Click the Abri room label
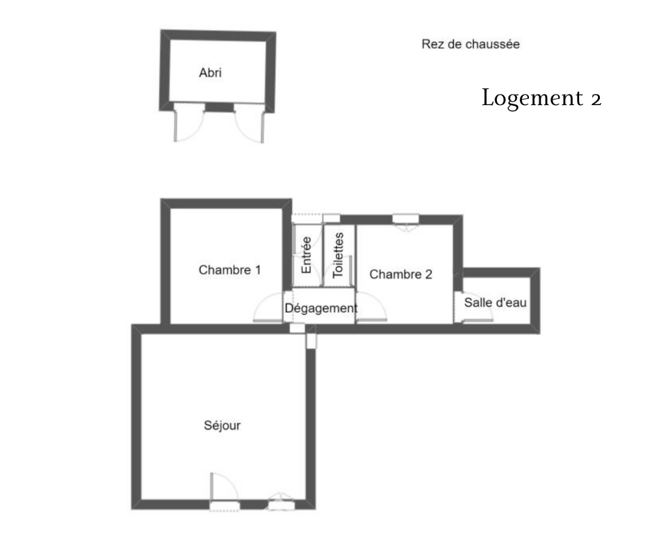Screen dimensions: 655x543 [x=210, y=72]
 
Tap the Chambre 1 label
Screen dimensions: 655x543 [x=230, y=270]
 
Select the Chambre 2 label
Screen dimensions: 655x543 [x=401, y=274]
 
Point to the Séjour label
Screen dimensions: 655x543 [x=222, y=425]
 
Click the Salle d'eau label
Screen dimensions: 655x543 [x=495, y=302]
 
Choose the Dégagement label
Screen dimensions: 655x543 [x=321, y=308]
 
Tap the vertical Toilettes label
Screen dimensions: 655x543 [x=338, y=255]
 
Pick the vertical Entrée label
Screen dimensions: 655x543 [x=306, y=255]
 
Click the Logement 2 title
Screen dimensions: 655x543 [x=541, y=98]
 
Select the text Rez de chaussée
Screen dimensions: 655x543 [x=470, y=44]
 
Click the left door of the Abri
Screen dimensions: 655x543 [x=189, y=123]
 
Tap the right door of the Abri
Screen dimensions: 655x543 [x=249, y=124]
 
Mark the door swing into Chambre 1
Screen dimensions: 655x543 [x=268, y=308]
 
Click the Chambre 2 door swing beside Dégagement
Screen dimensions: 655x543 [x=371, y=307]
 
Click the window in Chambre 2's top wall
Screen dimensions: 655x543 [x=406, y=220]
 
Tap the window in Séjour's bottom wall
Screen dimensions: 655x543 [x=281, y=503]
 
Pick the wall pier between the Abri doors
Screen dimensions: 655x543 [x=219, y=108]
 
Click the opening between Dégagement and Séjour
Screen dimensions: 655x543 [x=297, y=328]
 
